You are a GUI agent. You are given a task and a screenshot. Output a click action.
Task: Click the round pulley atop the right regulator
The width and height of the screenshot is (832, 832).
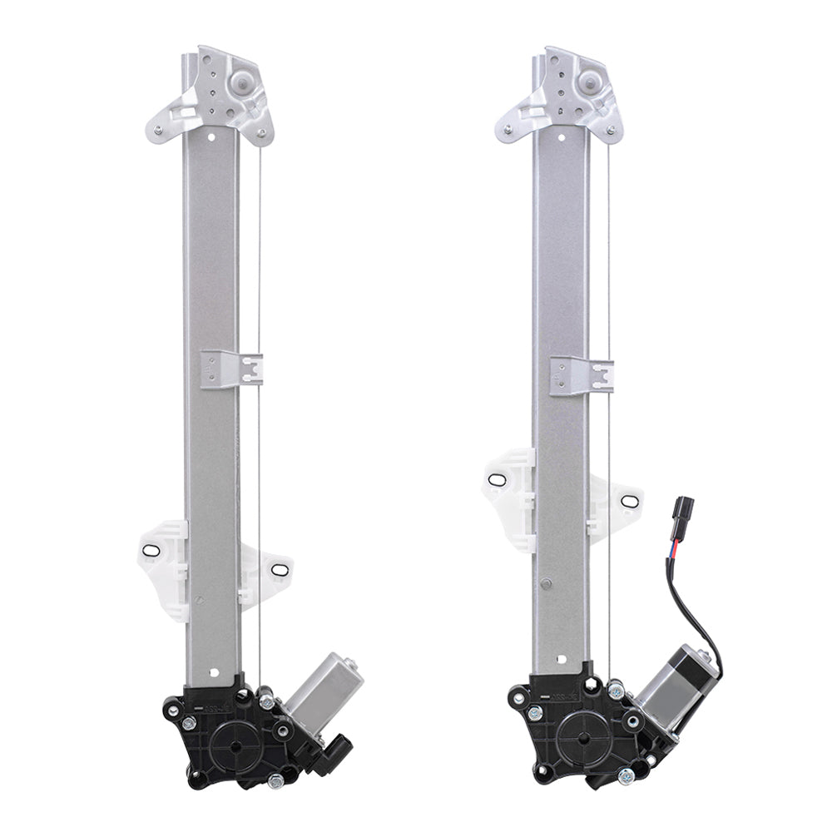(x=591, y=82)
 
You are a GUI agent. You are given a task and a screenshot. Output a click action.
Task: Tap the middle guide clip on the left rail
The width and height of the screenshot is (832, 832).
(x=231, y=369)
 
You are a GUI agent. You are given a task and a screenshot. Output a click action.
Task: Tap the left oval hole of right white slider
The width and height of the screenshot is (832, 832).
(x=497, y=480)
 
